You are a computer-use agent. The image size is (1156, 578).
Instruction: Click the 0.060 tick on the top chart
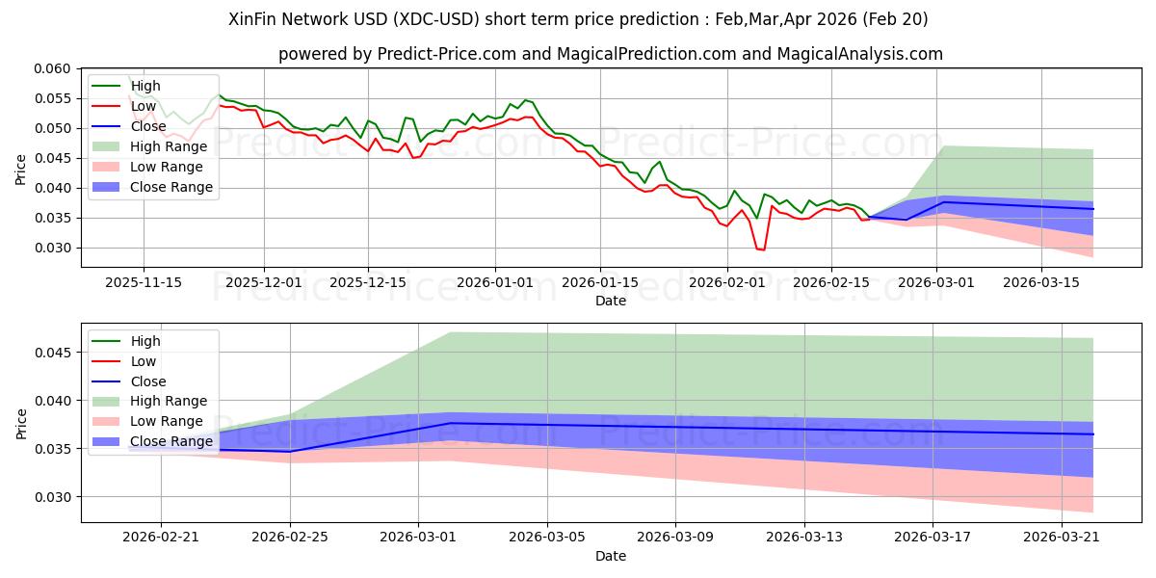(52, 68)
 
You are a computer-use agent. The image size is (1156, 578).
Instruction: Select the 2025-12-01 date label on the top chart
(264, 283)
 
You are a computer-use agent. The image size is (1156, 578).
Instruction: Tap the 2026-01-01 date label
(495, 283)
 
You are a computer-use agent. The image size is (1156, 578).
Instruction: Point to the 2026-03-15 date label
(1041, 283)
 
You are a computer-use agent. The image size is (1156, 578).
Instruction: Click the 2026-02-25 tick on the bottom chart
(290, 538)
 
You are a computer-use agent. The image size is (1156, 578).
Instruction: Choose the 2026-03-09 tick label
(675, 538)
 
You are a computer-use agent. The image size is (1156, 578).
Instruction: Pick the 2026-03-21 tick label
(1062, 538)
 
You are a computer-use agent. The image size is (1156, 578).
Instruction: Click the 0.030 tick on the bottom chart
(52, 497)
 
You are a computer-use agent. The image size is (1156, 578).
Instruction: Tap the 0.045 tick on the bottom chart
(52, 353)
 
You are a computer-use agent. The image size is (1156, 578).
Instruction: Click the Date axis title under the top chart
(611, 301)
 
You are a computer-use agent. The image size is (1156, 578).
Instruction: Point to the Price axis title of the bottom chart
(20, 424)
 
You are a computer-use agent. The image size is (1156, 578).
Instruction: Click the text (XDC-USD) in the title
(436, 19)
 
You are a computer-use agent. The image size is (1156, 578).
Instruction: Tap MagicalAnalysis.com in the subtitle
(859, 54)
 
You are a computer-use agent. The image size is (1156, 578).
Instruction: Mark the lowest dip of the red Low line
(763, 250)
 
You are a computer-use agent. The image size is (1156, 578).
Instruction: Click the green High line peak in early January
(526, 100)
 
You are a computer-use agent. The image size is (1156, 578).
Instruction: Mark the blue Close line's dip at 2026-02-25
(290, 452)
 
